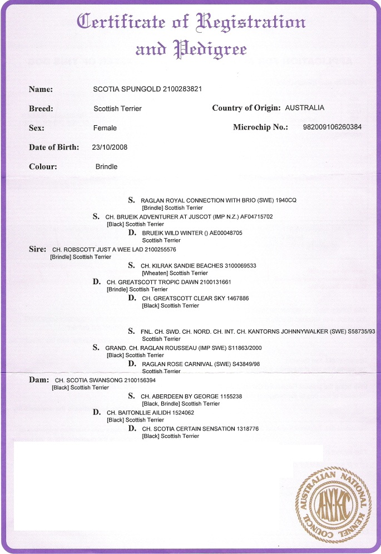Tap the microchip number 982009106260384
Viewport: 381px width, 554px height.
pos(332,127)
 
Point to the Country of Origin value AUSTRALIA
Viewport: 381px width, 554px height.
pos(304,108)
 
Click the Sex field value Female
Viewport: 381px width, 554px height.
pos(105,128)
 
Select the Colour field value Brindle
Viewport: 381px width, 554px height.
pos(106,166)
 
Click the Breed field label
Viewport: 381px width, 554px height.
pos(41,108)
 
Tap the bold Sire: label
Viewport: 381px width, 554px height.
pos(37,249)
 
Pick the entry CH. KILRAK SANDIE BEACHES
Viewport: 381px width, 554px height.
pos(186,266)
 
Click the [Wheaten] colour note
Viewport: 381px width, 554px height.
pos(155,273)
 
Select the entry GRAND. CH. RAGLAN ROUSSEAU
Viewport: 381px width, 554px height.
pos(151,348)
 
